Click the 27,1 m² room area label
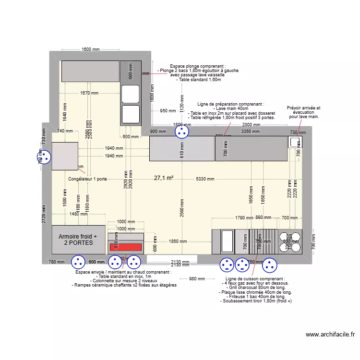pyautogui.click(x=164, y=178)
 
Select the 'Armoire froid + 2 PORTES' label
pyautogui.click(x=78, y=240)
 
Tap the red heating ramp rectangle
pyautogui.click(x=125, y=247)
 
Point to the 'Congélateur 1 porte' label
pyautogui.click(x=88, y=179)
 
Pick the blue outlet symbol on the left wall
pyautogui.click(x=45, y=157)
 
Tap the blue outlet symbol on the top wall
pyautogui.click(x=181, y=131)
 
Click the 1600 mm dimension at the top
pyautogui.click(x=90, y=49)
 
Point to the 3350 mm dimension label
pyautogui.click(x=250, y=131)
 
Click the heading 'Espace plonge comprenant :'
pyautogui.click(x=198, y=66)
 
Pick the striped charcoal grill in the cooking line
pyautogui.click(x=264, y=241)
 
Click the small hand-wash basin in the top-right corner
pyautogui.click(x=294, y=142)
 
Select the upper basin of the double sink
pyautogui.click(x=130, y=94)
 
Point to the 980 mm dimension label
pyautogui.click(x=197, y=279)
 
